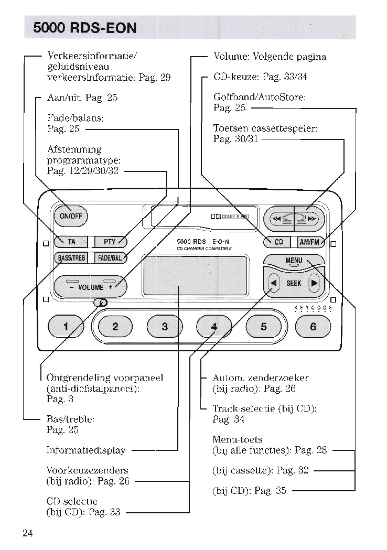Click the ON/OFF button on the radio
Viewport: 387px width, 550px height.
coord(71,217)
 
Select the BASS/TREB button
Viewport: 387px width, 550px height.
coord(72,258)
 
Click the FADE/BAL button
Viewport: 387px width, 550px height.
coord(110,258)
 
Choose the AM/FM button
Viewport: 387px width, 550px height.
coord(309,242)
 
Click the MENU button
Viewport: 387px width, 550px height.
coord(294,261)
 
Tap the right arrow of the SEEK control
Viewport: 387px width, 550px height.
coord(314,284)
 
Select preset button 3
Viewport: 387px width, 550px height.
coord(165,327)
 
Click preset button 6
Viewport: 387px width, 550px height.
coord(313,327)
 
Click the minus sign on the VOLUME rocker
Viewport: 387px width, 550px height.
coord(71,287)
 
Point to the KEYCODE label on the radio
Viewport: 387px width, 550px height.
coord(313,308)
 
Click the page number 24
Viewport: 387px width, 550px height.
coord(28,533)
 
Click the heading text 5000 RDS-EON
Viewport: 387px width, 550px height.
coord(84,28)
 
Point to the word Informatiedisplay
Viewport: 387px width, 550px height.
coord(86,450)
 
